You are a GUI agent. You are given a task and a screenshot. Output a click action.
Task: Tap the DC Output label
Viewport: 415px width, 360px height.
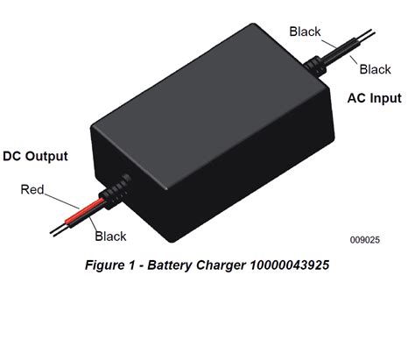[36, 157]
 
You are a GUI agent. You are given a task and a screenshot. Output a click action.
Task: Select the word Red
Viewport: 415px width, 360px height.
[33, 188]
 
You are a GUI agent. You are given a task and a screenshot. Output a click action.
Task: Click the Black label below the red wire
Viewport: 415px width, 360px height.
[111, 236]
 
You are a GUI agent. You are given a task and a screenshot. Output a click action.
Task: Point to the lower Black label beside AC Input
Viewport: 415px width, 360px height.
[375, 69]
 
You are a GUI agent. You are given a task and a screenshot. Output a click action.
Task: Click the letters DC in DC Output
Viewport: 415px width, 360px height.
[13, 157]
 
